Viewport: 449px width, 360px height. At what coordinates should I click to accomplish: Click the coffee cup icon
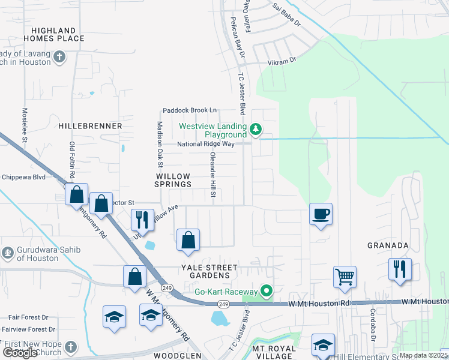321,214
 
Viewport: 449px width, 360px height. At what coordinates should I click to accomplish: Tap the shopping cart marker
345,277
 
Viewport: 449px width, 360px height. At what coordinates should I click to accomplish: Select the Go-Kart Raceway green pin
267,292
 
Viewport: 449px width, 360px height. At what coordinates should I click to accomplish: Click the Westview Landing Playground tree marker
256,130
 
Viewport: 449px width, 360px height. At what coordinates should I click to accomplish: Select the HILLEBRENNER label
91,127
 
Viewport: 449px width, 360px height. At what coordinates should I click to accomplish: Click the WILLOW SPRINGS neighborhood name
173,180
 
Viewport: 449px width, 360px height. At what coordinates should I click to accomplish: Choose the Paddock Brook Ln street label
190,110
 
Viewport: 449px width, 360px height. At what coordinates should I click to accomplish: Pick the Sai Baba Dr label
286,16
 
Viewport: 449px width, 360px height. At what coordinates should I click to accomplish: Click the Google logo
20,353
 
